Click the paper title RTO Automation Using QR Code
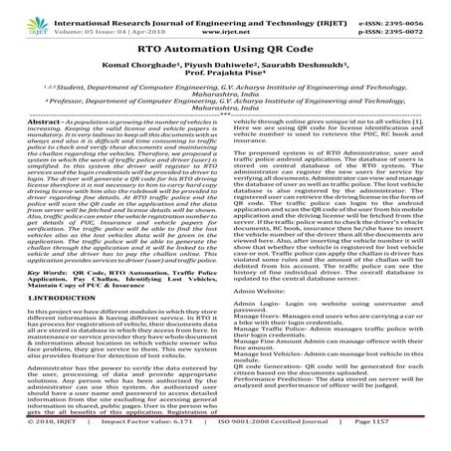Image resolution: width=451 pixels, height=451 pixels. point(225,46)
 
